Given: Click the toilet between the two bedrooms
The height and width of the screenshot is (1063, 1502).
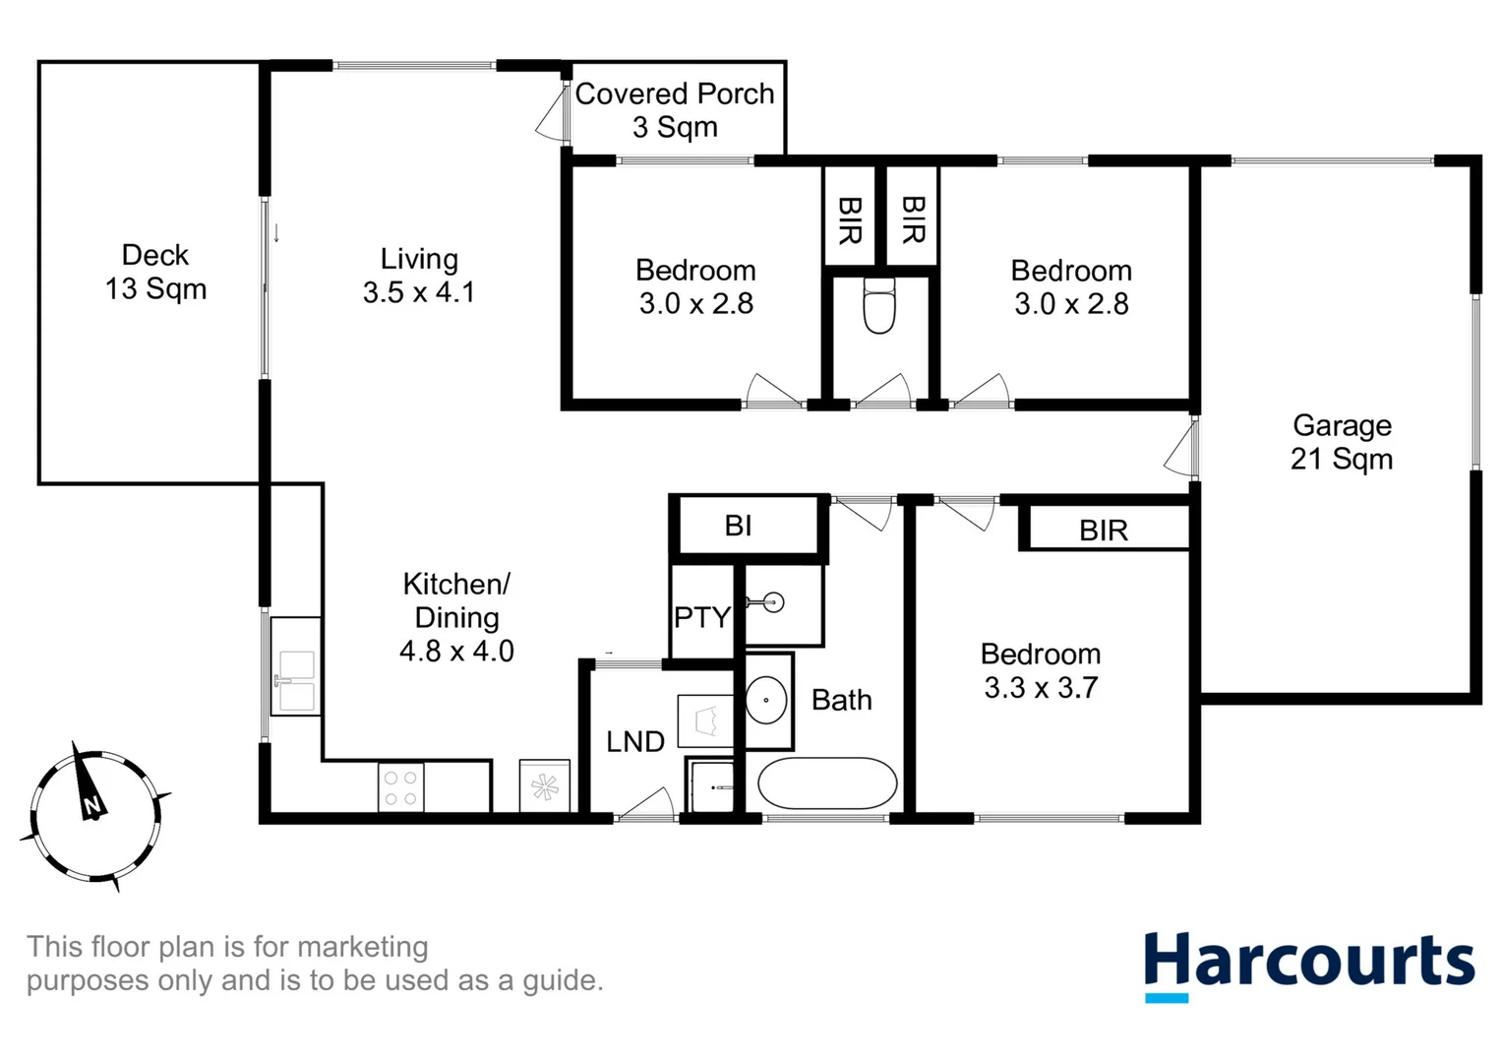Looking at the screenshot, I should pyautogui.click(x=878, y=306).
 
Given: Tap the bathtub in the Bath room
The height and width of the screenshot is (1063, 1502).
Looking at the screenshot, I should pyautogui.click(x=826, y=783).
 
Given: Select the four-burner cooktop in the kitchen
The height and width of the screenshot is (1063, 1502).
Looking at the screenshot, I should pyautogui.click(x=400, y=787).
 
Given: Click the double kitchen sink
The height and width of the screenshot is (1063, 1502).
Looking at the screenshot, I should pyautogui.click(x=295, y=679).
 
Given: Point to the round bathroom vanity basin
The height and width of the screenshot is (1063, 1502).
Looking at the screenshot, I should pyautogui.click(x=766, y=700).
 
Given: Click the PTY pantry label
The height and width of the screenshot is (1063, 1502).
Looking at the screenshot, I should pyautogui.click(x=701, y=617).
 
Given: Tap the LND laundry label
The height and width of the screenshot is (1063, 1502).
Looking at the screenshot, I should pyautogui.click(x=634, y=741).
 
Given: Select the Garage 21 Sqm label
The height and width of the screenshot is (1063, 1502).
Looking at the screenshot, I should pyautogui.click(x=1341, y=442).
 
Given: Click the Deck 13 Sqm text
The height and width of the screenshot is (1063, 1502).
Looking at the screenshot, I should pyautogui.click(x=155, y=272).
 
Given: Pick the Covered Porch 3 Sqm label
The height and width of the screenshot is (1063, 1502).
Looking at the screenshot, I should pyautogui.click(x=675, y=109).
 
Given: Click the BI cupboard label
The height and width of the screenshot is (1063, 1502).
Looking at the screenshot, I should pyautogui.click(x=738, y=526).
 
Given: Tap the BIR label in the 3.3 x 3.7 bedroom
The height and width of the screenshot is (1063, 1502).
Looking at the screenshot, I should pyautogui.click(x=1103, y=531).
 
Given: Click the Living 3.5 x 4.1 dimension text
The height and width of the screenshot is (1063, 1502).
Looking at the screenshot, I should pyautogui.click(x=418, y=292).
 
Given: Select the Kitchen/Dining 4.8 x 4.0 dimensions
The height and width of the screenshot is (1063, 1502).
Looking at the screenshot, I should pyautogui.click(x=456, y=651).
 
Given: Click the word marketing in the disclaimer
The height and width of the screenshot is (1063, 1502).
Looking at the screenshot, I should pyautogui.click(x=362, y=947).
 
